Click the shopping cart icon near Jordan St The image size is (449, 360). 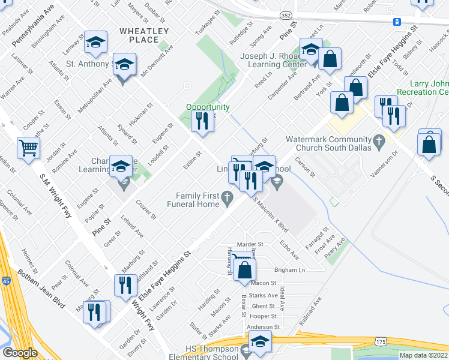click(x=29, y=148)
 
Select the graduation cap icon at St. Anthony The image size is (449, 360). click(x=124, y=65)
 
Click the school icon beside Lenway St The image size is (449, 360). click(x=95, y=42)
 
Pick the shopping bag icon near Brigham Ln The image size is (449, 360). click(x=245, y=271)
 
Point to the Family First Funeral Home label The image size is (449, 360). click(x=197, y=200)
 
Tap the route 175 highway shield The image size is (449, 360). click(x=380, y=341)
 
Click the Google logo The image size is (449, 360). click(x=19, y=353)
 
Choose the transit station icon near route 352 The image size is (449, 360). click(x=397, y=22)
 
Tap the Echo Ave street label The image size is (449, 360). click(x=289, y=248)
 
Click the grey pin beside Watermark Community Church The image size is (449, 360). click(x=378, y=142)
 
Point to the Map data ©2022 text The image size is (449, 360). click(x=422, y=355)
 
